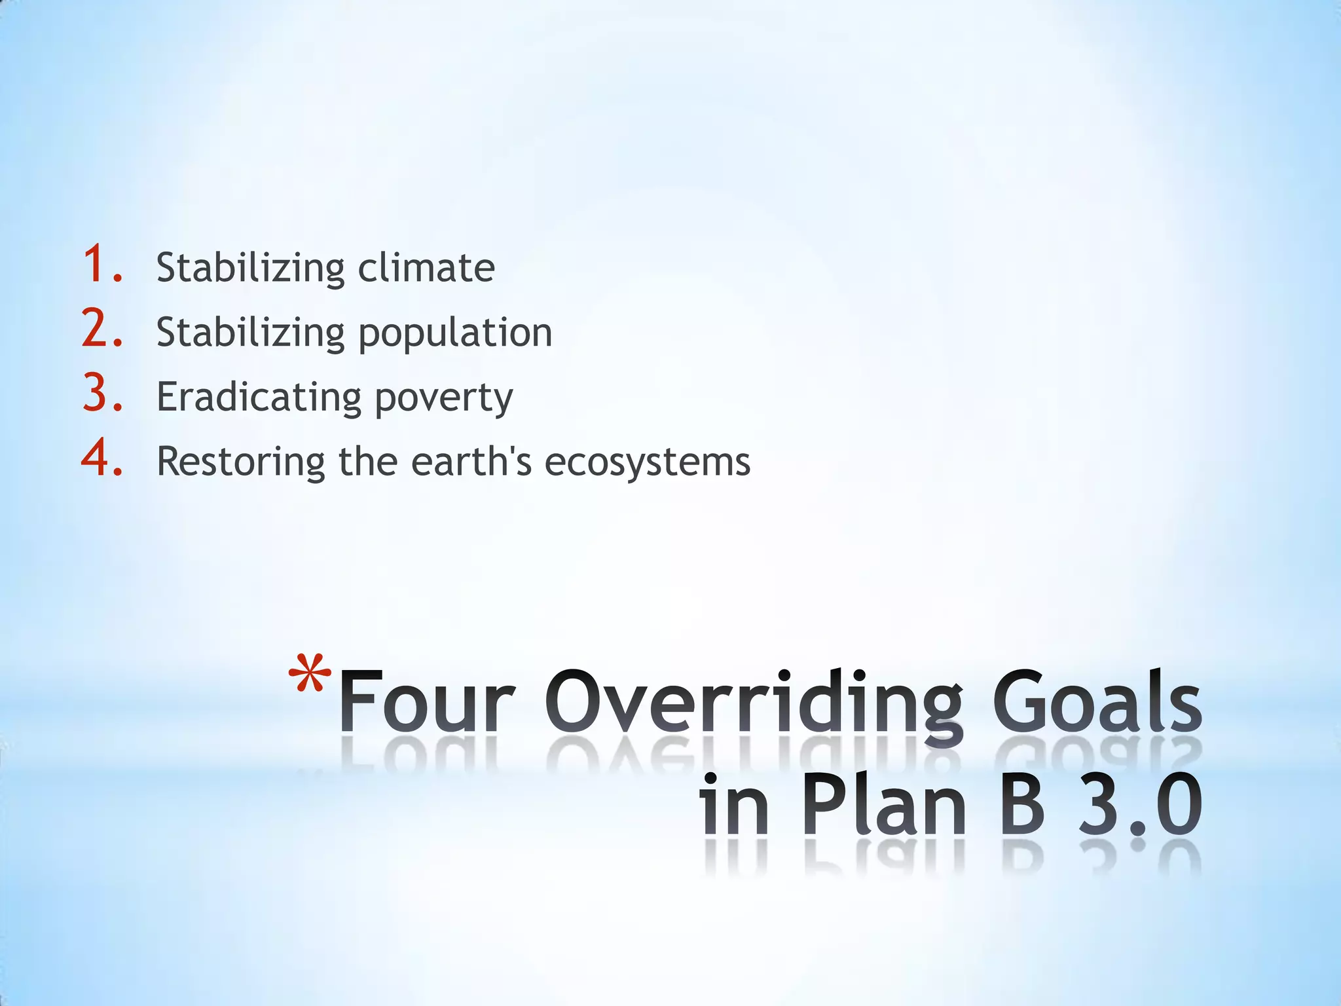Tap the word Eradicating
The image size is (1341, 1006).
pos(259,397)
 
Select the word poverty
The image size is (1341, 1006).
pos(444,398)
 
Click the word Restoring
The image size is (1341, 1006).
pos(240,462)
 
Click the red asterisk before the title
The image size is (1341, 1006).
pos(310,675)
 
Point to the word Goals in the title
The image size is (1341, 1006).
pos(1097,702)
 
